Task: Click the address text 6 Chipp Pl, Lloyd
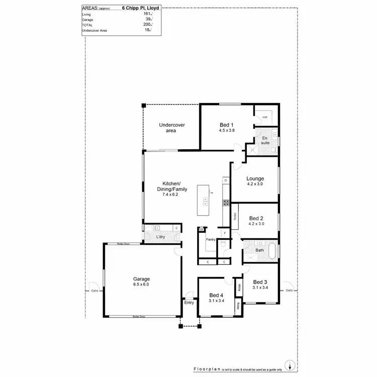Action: (x=141, y=9)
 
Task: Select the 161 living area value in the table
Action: (x=147, y=15)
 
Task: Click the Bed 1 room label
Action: (x=227, y=125)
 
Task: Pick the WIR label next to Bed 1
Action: (x=264, y=117)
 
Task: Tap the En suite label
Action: (x=265, y=140)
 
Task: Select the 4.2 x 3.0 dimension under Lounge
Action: (x=255, y=184)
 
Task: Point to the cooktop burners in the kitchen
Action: (x=226, y=203)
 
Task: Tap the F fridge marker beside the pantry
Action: (x=224, y=234)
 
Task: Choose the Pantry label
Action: (x=211, y=240)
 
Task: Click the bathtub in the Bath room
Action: (x=271, y=250)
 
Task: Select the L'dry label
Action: (x=161, y=237)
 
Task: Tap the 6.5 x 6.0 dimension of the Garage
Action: (x=141, y=285)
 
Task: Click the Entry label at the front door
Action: (x=189, y=303)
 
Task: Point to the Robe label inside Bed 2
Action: (x=235, y=216)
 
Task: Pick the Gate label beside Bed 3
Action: (x=289, y=291)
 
